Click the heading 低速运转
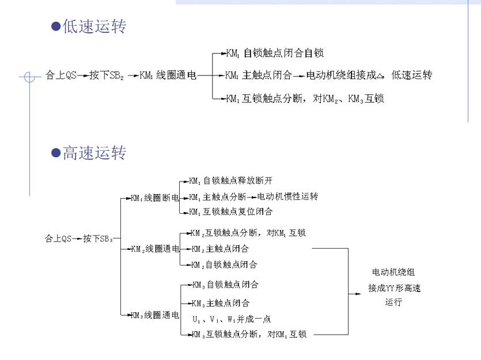tap(94, 26)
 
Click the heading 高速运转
tap(94, 153)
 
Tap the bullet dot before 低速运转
tap(56, 26)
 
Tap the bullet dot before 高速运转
tap(56, 153)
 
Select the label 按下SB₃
tap(98, 238)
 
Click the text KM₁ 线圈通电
tap(168, 75)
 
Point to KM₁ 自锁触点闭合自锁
tap(275, 53)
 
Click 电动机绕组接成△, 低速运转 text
tap(369, 75)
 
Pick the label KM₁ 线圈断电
tap(155, 198)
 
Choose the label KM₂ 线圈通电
tap(155, 249)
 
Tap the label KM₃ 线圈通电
tap(155, 315)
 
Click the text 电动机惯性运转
tap(287, 196)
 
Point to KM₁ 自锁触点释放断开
tap(230, 181)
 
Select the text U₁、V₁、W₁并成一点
tap(232, 320)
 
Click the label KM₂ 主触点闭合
tap(220, 249)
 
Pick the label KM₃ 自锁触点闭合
tap(225, 285)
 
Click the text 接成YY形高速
tap(395, 288)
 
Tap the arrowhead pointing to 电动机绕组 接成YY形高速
tap(358, 294)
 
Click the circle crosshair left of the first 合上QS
tap(29, 77)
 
